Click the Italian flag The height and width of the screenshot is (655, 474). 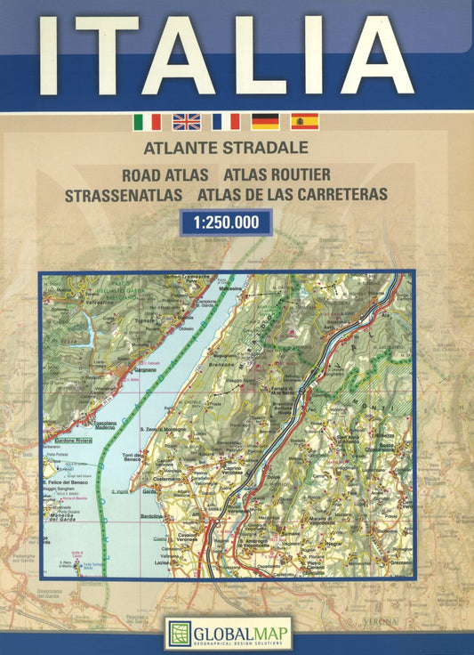point(147,121)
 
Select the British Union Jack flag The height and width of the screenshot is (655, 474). point(186,121)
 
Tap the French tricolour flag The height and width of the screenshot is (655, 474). point(226,121)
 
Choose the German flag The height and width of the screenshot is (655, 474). point(265,121)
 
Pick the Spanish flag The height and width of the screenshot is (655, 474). point(304,121)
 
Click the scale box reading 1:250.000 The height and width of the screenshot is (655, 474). point(225,222)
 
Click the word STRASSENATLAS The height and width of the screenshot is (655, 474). point(124,192)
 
